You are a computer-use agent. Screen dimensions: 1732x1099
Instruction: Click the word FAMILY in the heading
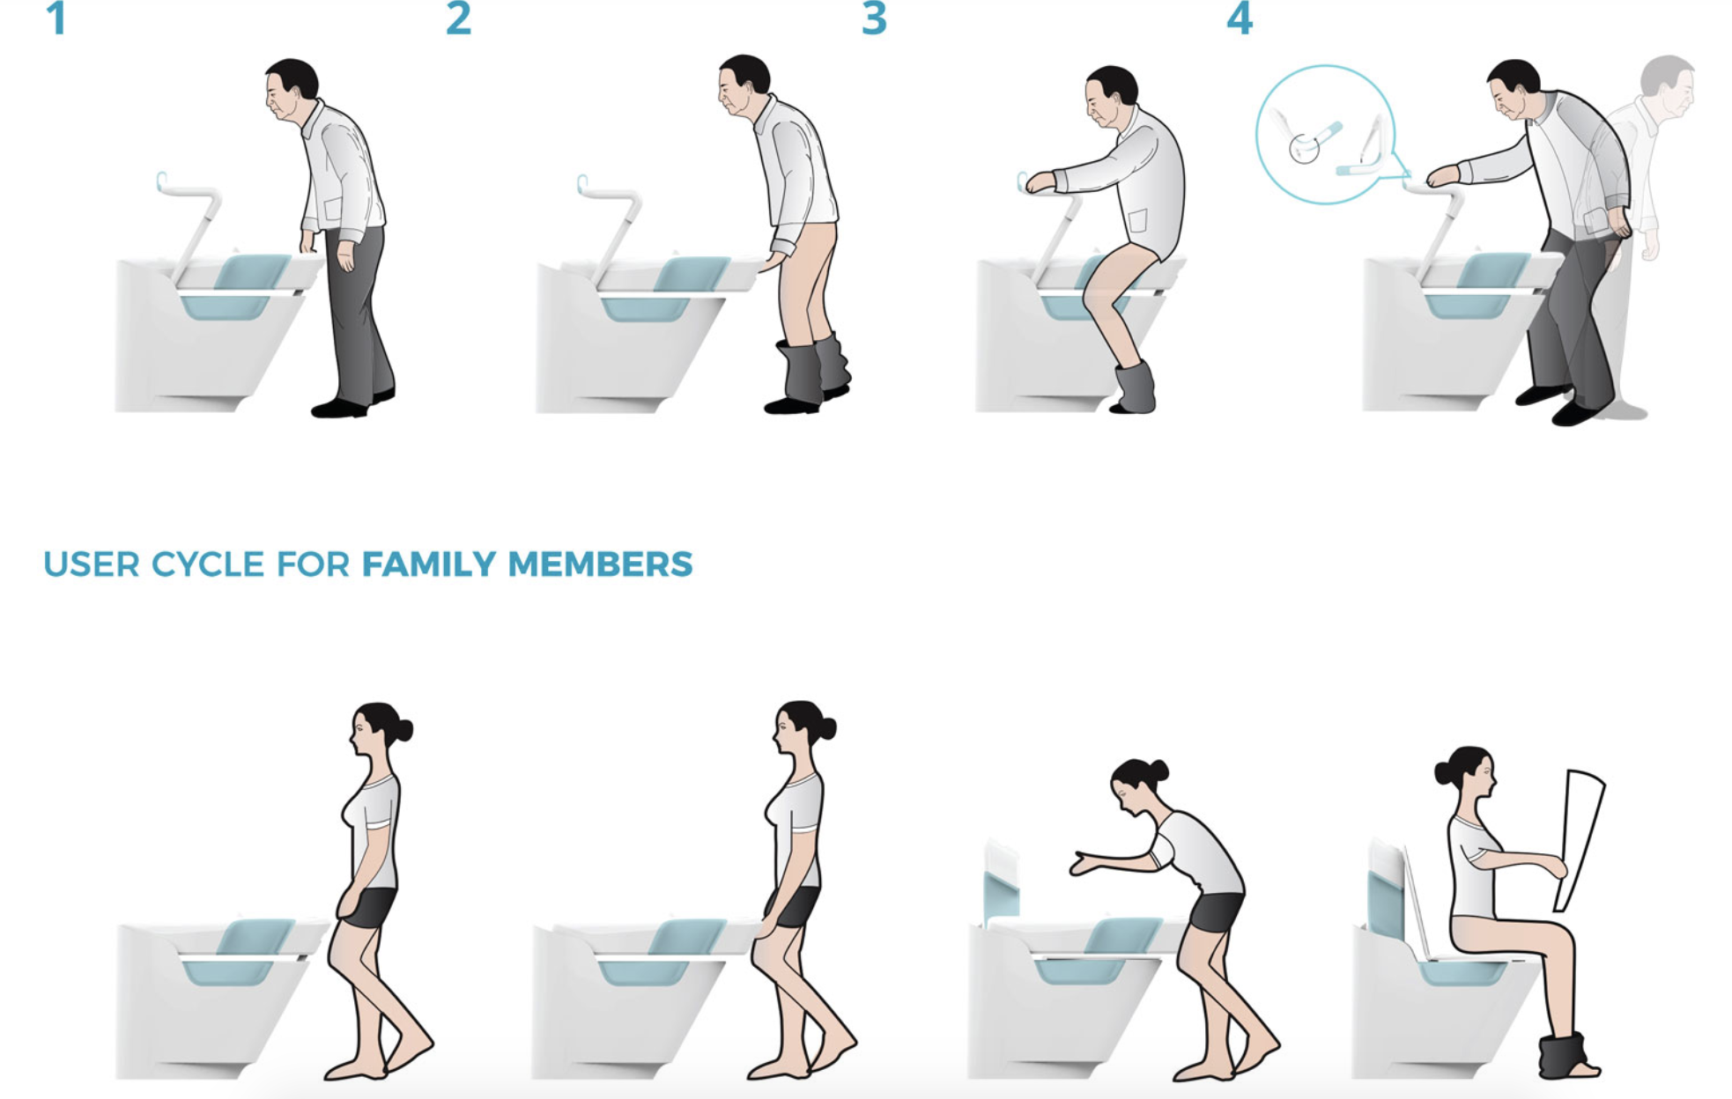429,564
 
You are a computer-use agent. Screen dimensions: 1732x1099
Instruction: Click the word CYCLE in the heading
208,564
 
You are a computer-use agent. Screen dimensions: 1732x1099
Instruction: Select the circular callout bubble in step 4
1326,135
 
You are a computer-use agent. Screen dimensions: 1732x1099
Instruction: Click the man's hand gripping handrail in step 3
1040,181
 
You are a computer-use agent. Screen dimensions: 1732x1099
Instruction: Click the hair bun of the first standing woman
404,730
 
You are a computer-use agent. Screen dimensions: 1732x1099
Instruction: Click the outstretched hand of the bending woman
1084,863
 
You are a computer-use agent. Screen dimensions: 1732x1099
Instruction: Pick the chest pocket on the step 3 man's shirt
1138,220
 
